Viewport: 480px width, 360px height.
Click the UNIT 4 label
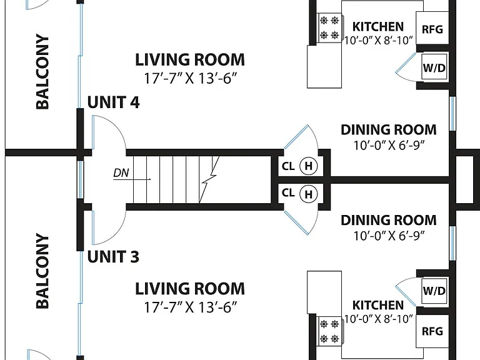(x=113, y=102)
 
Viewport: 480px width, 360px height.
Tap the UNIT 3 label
(x=113, y=256)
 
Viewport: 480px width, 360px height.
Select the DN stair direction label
(x=121, y=173)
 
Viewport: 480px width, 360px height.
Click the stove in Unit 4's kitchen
(x=329, y=28)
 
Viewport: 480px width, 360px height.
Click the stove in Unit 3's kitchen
(x=329, y=331)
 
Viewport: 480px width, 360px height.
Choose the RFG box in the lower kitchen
(x=432, y=331)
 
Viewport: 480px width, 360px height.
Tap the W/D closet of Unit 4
(x=434, y=67)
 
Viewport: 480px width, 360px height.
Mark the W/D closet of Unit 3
(x=434, y=291)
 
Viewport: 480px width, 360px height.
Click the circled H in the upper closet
(x=309, y=166)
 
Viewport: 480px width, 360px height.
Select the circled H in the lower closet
(x=309, y=194)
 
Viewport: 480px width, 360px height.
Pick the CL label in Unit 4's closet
(x=288, y=166)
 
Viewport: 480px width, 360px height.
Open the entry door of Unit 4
(x=109, y=132)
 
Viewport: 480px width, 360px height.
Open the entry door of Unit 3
(x=109, y=227)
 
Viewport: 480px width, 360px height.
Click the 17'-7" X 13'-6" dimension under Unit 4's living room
(x=191, y=78)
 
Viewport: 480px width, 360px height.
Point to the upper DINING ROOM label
(x=389, y=130)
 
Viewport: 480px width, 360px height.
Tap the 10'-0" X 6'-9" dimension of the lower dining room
(x=389, y=236)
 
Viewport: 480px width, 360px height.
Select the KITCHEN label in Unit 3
(x=378, y=305)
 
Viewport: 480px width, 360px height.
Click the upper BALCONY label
(x=42, y=72)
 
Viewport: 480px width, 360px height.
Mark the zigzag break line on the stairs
(x=209, y=180)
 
